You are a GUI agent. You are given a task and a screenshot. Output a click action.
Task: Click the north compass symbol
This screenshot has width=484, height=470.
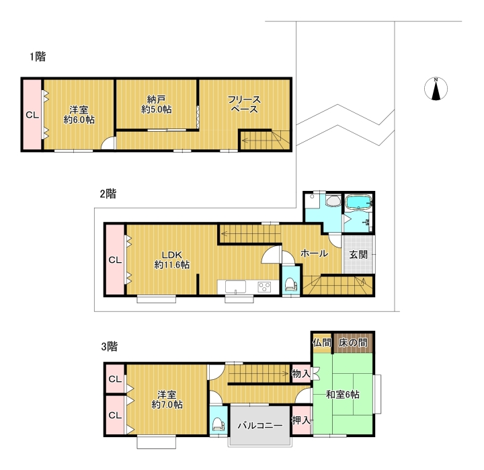[x=436, y=89]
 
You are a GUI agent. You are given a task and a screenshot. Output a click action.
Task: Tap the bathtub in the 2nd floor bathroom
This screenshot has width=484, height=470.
[x=358, y=203]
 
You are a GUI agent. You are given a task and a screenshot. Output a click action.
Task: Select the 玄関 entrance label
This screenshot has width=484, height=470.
[x=358, y=255]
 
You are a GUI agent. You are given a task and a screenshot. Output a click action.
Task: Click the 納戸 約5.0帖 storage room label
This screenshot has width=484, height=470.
[x=156, y=104]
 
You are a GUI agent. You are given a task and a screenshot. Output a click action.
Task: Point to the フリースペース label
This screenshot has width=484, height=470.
[x=244, y=104]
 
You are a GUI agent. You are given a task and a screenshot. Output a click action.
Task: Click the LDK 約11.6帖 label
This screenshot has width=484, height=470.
[x=172, y=260]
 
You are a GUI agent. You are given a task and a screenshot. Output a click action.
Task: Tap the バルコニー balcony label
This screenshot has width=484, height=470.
[x=260, y=426]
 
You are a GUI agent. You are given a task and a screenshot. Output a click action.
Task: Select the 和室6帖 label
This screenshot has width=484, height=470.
[x=343, y=395]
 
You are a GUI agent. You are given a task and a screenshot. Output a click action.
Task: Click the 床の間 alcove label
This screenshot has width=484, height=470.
[x=353, y=342]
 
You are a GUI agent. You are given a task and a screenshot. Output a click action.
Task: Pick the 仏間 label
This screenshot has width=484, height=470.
[x=322, y=342]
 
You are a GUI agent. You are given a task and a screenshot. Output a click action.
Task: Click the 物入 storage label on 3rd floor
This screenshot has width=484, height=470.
[x=301, y=374]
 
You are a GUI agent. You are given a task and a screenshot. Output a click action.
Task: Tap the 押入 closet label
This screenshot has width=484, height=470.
[x=301, y=420]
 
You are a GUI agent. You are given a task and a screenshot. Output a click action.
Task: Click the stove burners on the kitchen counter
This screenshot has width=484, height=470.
[x=265, y=287]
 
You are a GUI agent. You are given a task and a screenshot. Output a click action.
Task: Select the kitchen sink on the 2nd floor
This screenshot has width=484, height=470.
[x=235, y=287]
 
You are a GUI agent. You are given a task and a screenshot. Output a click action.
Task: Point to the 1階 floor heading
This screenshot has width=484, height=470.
[x=38, y=56]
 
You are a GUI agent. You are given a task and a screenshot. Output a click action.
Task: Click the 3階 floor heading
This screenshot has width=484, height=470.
[x=110, y=346]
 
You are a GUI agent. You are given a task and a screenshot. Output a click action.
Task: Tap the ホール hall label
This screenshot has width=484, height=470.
[x=314, y=253]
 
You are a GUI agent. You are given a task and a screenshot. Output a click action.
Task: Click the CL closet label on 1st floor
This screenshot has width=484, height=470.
[x=32, y=115]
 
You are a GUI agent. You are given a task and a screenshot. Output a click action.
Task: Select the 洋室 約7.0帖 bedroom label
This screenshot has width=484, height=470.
[x=167, y=399]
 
